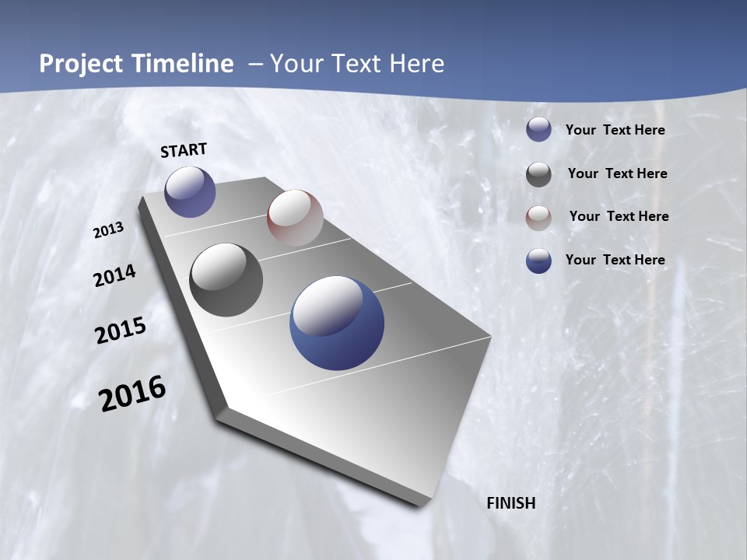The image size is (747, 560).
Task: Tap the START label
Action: [184, 150]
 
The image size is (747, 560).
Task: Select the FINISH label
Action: [511, 503]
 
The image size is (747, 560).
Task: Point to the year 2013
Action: [108, 230]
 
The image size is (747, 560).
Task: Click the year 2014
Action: [114, 276]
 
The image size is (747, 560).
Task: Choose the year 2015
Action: [121, 331]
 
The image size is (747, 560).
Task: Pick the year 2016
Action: [132, 394]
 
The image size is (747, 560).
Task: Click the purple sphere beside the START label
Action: [190, 192]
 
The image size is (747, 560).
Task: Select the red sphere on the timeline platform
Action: [295, 217]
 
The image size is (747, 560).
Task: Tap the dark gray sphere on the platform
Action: [226, 280]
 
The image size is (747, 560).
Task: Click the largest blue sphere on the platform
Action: [337, 323]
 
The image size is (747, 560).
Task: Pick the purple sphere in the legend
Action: [538, 129]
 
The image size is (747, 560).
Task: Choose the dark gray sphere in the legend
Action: [538, 174]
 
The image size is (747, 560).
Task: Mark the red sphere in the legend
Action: [538, 218]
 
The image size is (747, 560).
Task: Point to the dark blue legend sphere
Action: [538, 261]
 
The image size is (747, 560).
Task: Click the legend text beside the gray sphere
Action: [617, 173]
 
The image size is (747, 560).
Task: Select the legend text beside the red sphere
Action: [619, 216]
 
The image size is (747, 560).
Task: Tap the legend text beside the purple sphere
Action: [615, 130]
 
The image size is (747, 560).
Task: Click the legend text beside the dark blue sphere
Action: [615, 260]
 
